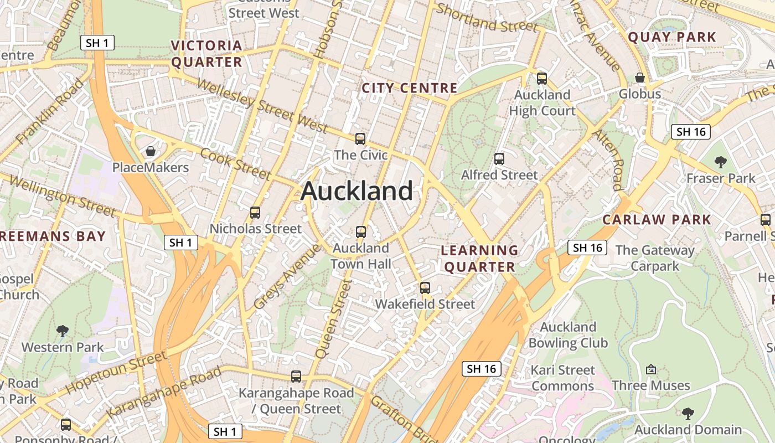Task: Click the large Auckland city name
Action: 357,192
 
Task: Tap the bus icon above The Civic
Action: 360,138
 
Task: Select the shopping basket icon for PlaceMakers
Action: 150,151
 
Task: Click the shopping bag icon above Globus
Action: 640,78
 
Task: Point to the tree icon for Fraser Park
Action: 720,162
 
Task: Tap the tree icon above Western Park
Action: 63,331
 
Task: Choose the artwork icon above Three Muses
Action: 651,369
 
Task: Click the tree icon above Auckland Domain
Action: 688,413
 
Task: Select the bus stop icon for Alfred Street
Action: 499,159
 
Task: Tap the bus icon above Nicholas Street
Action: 255,212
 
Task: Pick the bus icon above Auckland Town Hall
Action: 361,232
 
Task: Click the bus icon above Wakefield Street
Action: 425,288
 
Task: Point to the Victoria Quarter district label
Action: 206,54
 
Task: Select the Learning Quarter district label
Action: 479,259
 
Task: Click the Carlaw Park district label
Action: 657,220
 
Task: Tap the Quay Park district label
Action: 672,38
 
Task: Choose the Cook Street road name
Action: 236,164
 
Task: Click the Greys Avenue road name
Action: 287,276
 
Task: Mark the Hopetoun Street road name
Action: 116,373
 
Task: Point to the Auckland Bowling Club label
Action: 568,335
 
